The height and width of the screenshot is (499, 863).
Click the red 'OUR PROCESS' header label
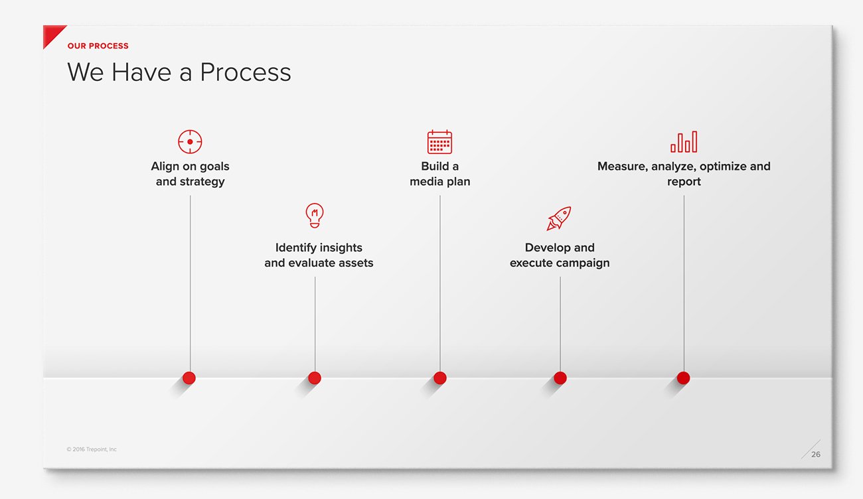[x=98, y=46]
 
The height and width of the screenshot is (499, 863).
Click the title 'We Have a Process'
[x=179, y=72]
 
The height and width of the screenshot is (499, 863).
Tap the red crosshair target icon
[x=190, y=142]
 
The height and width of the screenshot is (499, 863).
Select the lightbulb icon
[x=315, y=216]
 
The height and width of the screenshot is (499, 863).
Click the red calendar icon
[x=439, y=142]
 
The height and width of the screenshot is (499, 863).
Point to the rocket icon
[x=559, y=218]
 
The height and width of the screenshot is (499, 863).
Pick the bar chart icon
[x=684, y=142]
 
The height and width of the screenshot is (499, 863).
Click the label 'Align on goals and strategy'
[x=190, y=174]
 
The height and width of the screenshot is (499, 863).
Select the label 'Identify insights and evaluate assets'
[x=319, y=255]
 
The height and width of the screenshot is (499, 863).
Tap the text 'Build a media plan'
[x=439, y=174]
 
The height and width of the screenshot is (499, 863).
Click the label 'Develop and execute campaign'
[x=560, y=255]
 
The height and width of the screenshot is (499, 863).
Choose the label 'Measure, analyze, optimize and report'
[x=684, y=174]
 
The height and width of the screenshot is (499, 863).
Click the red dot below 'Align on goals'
[x=189, y=378]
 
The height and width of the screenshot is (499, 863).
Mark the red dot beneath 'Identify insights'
[x=315, y=378]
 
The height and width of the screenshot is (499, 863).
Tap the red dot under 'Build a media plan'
[x=439, y=378]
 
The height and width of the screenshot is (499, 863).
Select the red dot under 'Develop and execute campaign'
[x=560, y=378]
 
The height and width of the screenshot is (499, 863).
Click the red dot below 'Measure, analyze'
[x=684, y=378]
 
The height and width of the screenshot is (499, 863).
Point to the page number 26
[x=816, y=455]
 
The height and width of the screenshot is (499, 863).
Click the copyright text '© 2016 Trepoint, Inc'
[x=92, y=449]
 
